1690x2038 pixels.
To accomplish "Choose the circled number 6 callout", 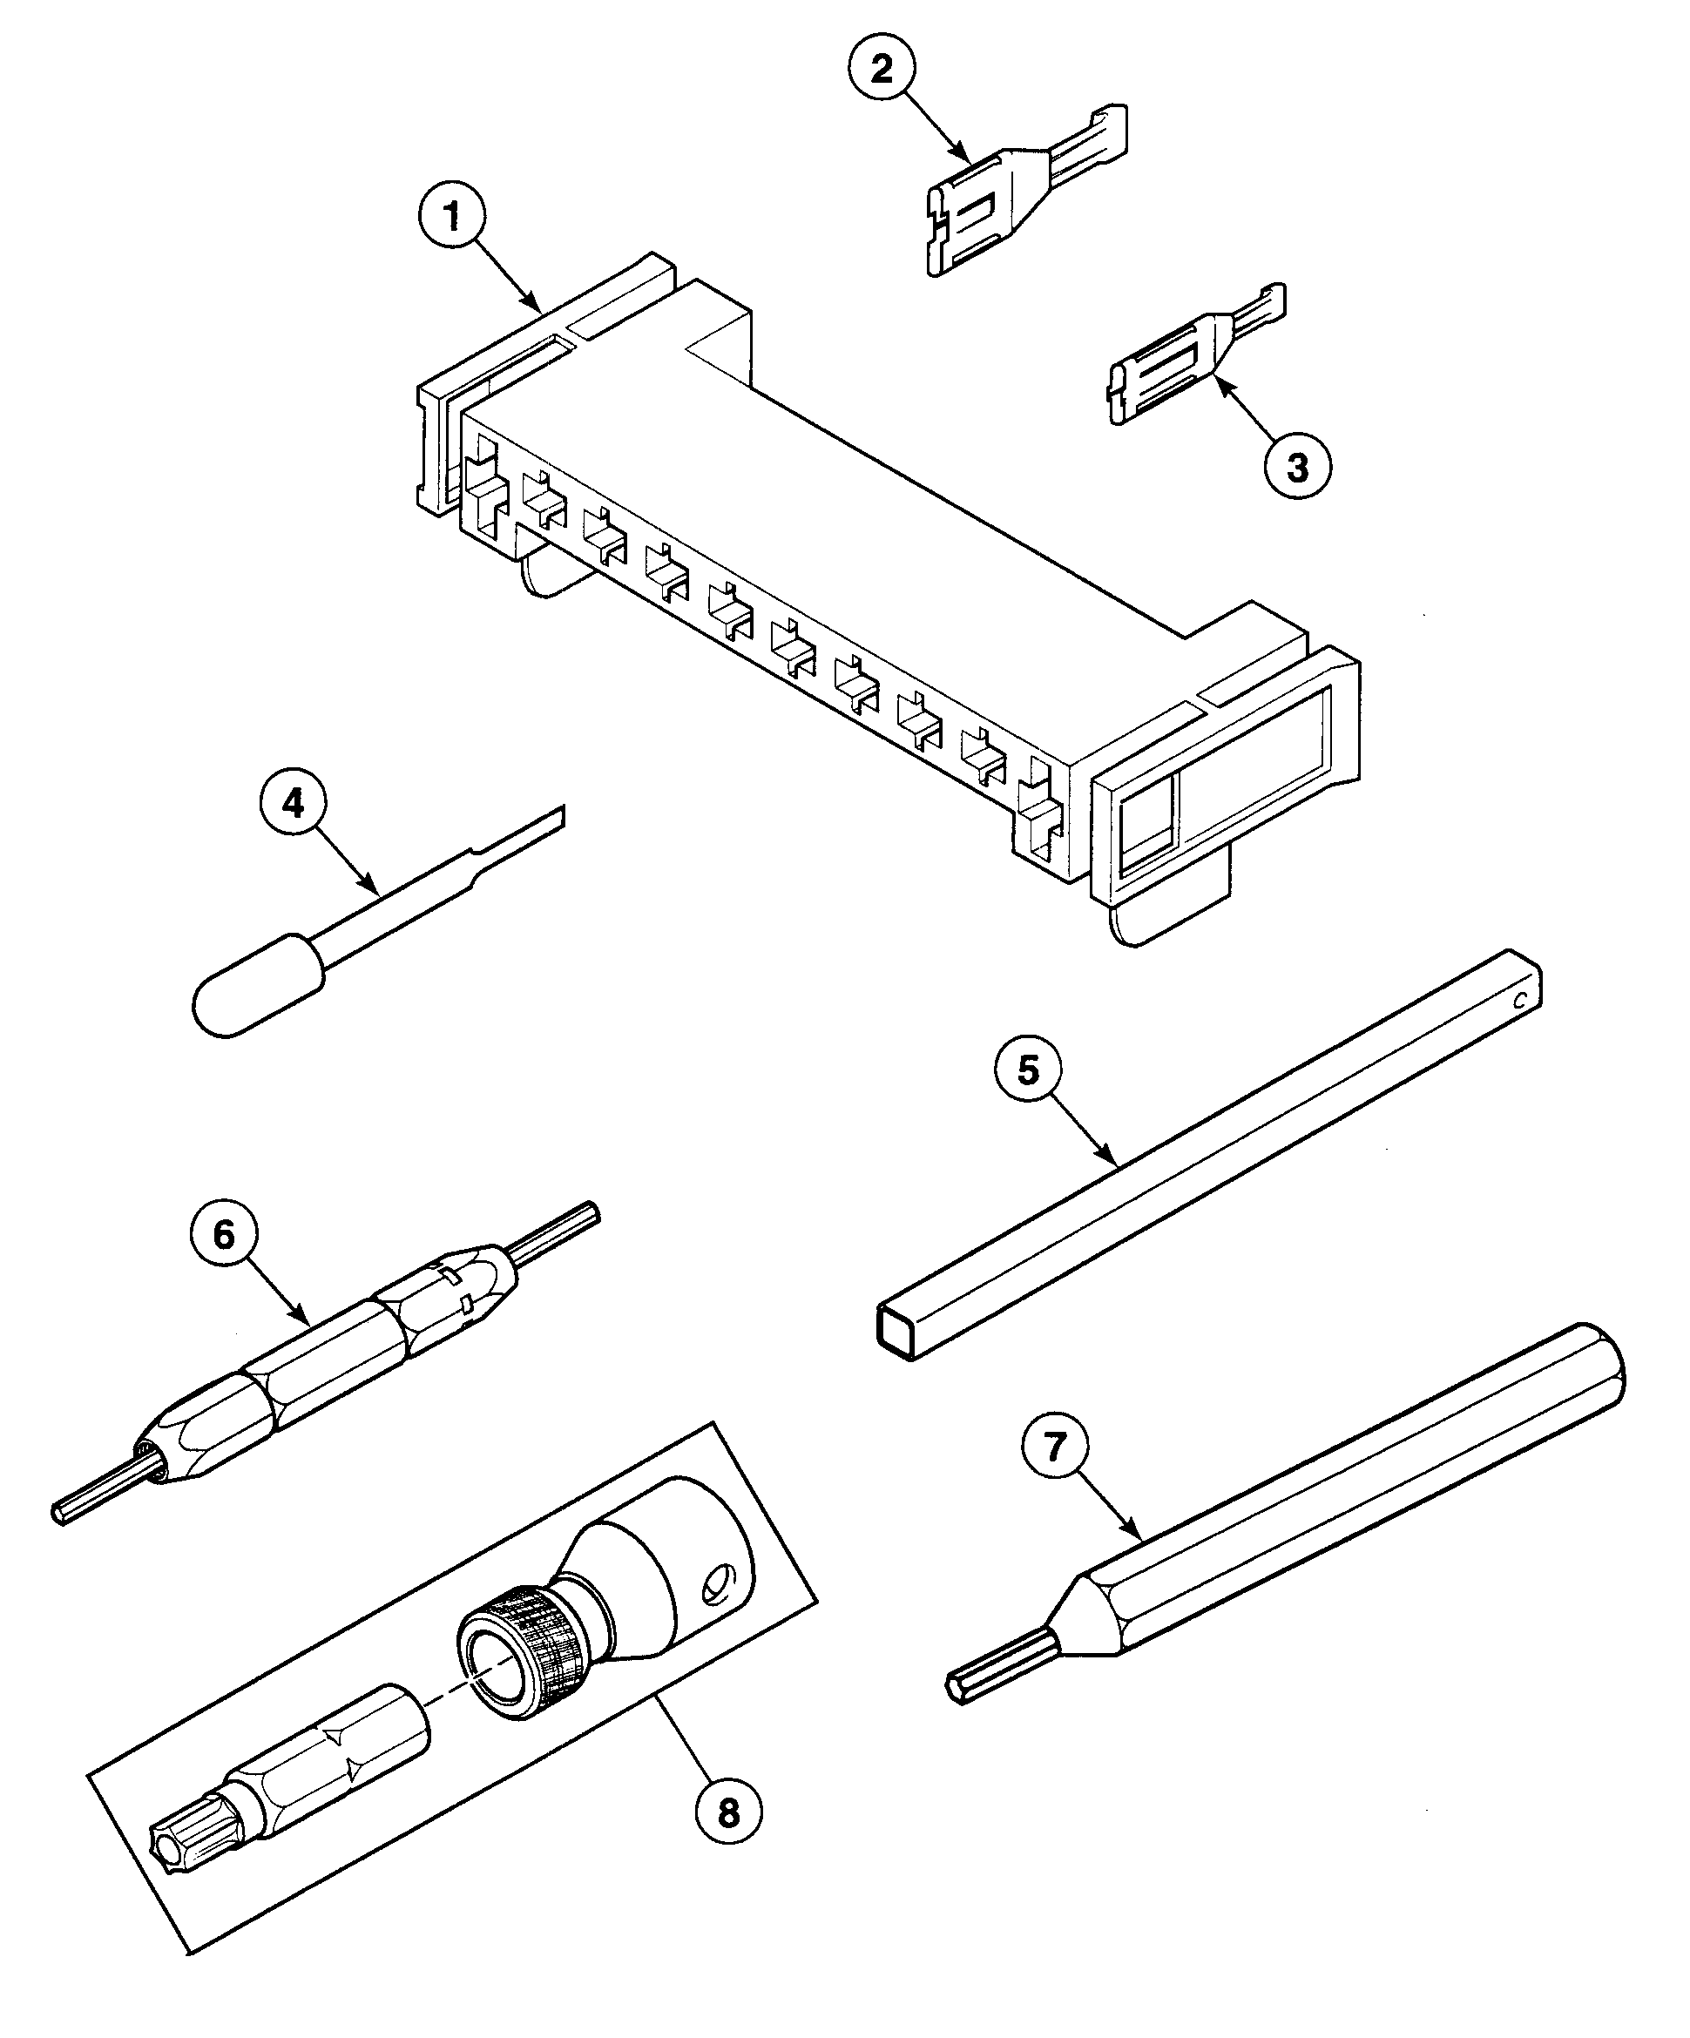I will pos(224,1235).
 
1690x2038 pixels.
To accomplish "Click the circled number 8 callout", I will pos(729,1811).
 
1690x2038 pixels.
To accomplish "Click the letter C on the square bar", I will pos(1521,999).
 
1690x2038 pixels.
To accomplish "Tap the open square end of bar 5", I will pos(895,1332).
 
